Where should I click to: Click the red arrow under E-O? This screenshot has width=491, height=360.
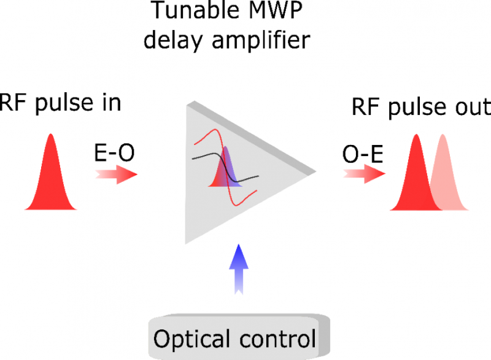point(116,174)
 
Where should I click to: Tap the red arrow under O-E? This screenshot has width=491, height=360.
point(365,174)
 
